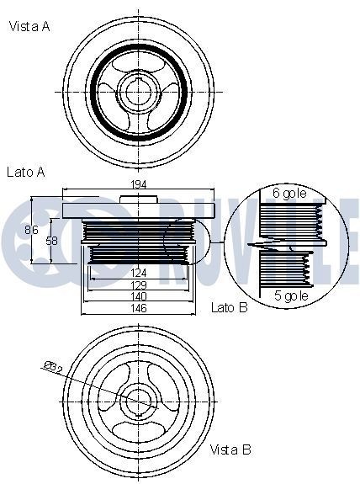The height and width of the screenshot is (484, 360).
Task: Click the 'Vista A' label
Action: [29, 27]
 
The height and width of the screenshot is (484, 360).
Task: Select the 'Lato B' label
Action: [230, 309]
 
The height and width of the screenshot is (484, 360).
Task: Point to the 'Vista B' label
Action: [230, 449]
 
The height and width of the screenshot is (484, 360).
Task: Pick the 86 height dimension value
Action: [31, 229]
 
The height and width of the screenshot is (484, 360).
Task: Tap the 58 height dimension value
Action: [52, 241]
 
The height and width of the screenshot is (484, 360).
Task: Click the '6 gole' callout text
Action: [290, 193]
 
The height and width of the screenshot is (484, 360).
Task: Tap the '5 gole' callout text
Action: [290, 296]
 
